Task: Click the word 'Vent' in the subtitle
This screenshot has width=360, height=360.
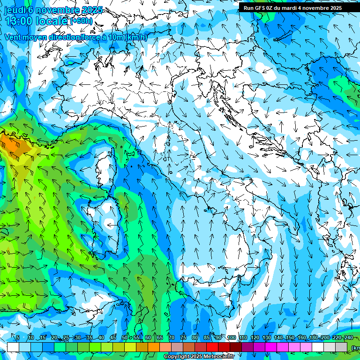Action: (x=13, y=37)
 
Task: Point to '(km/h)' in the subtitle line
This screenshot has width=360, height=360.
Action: (x=136, y=37)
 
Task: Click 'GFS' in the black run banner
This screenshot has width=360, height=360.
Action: (x=260, y=8)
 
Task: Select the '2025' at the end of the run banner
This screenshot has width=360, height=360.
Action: (x=334, y=8)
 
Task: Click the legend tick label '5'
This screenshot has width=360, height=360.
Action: (x=18, y=338)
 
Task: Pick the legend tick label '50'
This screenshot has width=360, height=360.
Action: (x=124, y=338)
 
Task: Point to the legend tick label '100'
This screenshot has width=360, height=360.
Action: (x=231, y=338)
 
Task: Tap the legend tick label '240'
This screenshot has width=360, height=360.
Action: (x=348, y=338)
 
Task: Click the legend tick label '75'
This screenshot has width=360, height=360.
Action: (x=183, y=338)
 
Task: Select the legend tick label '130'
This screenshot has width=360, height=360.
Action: (x=266, y=338)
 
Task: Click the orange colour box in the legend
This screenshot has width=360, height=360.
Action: (x=153, y=347)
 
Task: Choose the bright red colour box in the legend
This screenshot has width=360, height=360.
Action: (x=212, y=347)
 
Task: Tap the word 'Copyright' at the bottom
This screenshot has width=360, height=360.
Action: (x=176, y=357)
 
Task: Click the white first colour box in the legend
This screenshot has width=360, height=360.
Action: (x=13, y=347)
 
